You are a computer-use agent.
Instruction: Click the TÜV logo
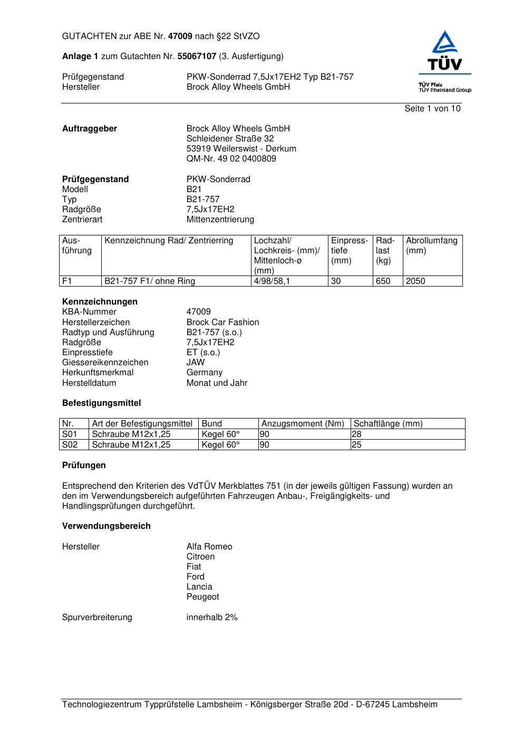pyautogui.click(x=445, y=53)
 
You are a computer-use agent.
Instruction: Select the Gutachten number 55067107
pyautogui.click(x=197, y=56)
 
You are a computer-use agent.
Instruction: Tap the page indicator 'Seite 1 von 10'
pyautogui.click(x=432, y=109)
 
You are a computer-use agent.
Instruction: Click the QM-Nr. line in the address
pyautogui.click(x=231, y=159)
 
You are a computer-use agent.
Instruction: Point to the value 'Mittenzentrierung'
pyautogui.click(x=220, y=220)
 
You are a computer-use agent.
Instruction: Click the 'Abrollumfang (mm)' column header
pyautogui.click(x=431, y=245)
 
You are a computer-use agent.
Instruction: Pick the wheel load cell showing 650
pyautogui.click(x=383, y=281)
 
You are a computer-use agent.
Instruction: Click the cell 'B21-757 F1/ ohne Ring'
pyautogui.click(x=150, y=281)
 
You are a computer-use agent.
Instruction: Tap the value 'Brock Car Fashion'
pyautogui.click(x=222, y=322)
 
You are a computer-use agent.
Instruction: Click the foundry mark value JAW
pyautogui.click(x=196, y=363)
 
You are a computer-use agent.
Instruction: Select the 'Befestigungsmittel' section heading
pyautogui.click(x=101, y=403)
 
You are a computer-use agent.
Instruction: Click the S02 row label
pyautogui.click(x=70, y=445)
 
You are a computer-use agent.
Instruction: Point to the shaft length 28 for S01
pyautogui.click(x=357, y=434)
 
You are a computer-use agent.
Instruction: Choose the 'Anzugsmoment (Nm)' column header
pyautogui.click(x=303, y=424)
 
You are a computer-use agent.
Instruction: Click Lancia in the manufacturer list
pyautogui.click(x=199, y=587)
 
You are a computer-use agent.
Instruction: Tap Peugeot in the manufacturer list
pyautogui.click(x=202, y=597)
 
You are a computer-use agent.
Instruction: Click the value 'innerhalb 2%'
pyautogui.click(x=212, y=617)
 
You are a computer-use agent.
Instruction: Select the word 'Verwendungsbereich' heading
pyautogui.click(x=106, y=526)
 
